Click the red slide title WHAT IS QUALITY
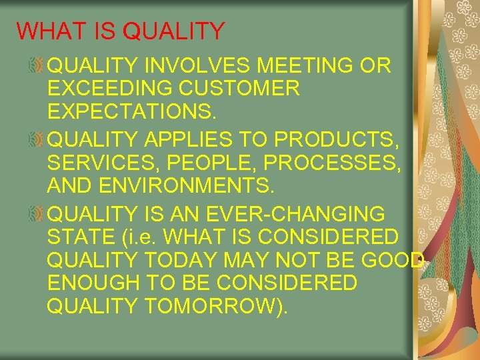click(121, 31)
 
